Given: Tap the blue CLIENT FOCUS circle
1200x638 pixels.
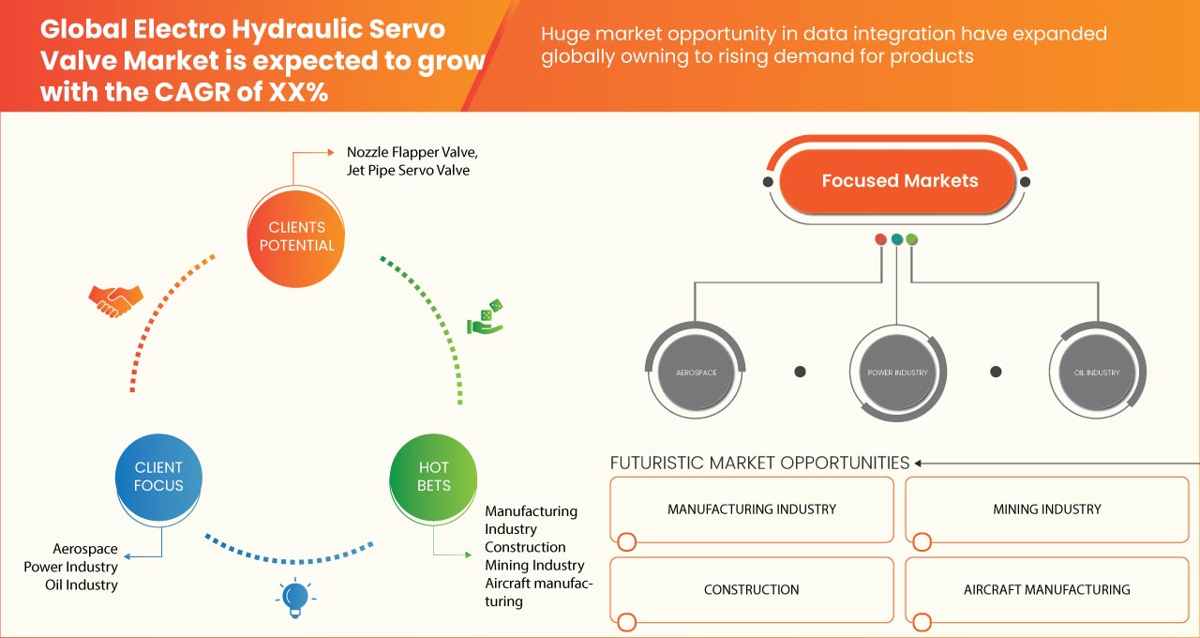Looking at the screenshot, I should click(x=158, y=477).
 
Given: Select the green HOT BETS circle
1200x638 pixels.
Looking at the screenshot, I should click(x=433, y=477).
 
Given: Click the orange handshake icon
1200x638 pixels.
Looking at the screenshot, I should click(x=115, y=300).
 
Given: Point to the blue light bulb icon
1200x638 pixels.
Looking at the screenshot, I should click(x=295, y=597).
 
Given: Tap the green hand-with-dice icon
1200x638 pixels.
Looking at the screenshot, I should click(x=486, y=317).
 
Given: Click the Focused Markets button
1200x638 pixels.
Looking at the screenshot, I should click(x=899, y=181).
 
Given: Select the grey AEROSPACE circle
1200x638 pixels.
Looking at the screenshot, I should click(x=696, y=372).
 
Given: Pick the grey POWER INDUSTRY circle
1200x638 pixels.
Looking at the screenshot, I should click(x=897, y=372).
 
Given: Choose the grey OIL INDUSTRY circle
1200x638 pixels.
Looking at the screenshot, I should click(x=1096, y=372).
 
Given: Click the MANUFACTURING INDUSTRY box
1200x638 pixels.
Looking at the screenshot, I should click(x=751, y=509).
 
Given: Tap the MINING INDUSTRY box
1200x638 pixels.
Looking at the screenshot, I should click(x=1046, y=509).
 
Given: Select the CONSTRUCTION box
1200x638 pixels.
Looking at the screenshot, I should click(x=751, y=590).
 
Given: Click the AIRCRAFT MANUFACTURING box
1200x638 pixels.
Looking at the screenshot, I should click(x=1046, y=590).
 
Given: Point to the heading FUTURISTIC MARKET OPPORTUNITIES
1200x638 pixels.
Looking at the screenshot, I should click(x=759, y=463).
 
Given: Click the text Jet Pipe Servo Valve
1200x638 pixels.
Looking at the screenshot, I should click(x=408, y=171).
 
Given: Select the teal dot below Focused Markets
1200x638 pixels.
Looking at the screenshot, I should click(x=896, y=239).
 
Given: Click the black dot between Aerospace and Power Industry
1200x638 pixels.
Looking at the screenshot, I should click(x=800, y=372).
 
